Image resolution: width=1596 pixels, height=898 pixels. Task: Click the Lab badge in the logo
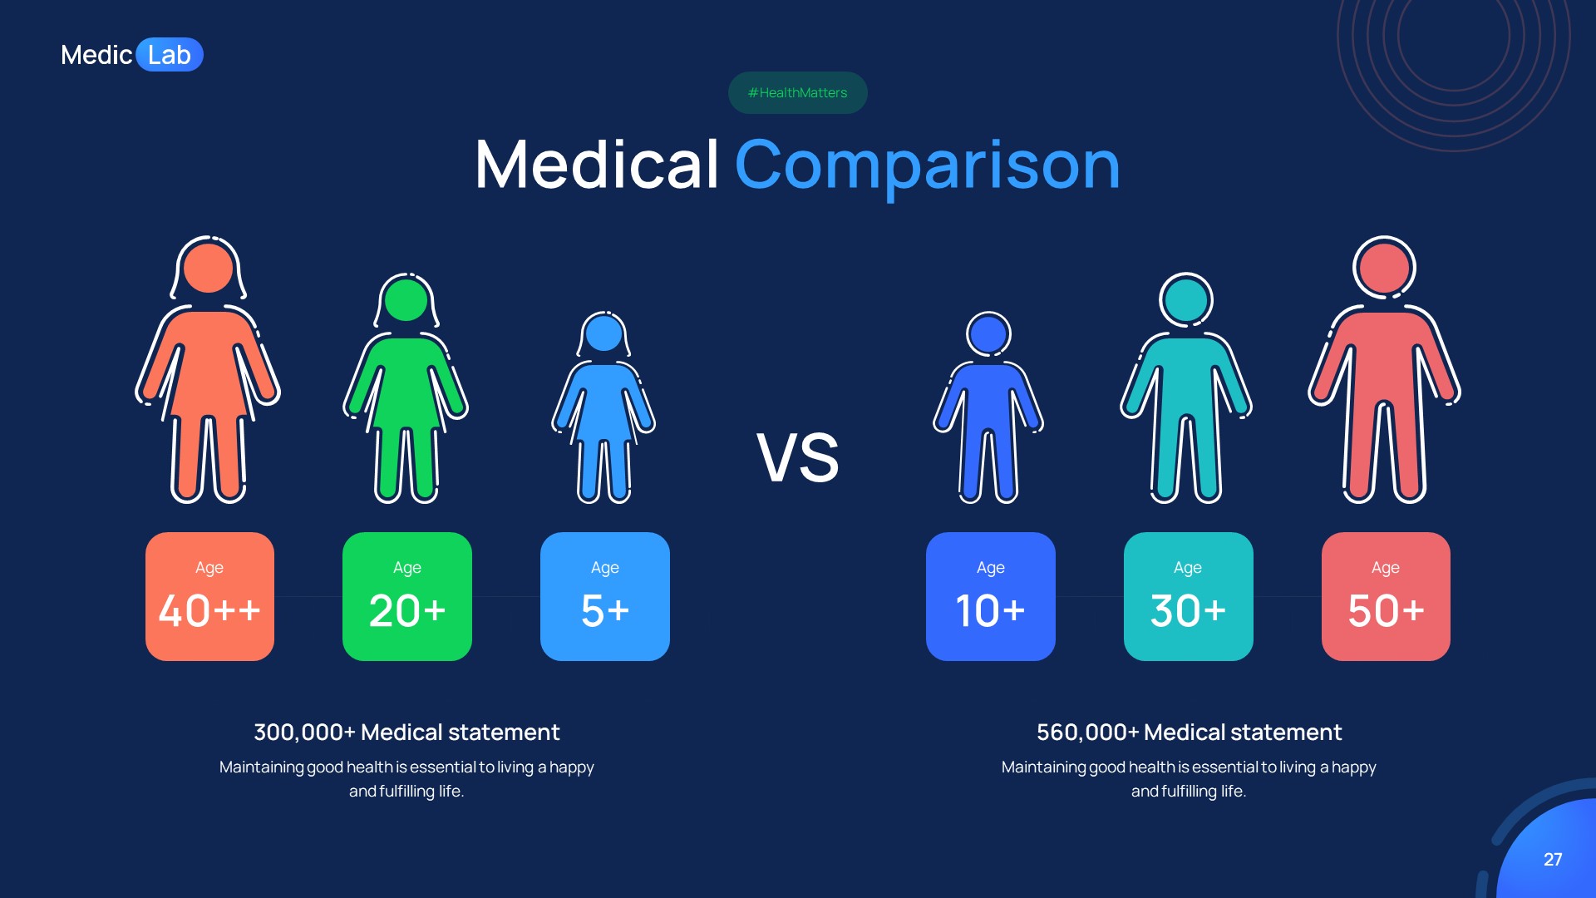[x=170, y=55]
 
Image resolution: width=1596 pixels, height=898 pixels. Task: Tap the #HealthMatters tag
[x=797, y=92]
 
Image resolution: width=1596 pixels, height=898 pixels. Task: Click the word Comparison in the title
[x=927, y=165]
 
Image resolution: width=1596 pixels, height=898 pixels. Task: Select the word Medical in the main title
[x=597, y=165]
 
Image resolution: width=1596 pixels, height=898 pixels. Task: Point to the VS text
[x=797, y=457]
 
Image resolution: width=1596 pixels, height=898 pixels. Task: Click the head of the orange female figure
[x=208, y=268]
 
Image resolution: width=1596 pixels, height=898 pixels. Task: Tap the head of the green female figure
[x=406, y=299]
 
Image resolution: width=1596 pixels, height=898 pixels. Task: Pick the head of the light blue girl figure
[x=604, y=333]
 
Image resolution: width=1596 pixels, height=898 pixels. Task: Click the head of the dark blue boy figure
[x=988, y=334]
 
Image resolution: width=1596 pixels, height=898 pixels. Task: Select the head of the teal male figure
[x=1186, y=299]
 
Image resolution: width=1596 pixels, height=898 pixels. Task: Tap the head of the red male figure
[x=1384, y=268]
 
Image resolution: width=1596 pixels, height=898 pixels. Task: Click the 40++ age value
[x=209, y=611]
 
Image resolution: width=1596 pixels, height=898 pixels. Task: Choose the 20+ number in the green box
[x=407, y=611]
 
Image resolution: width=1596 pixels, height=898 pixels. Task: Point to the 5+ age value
[x=605, y=611]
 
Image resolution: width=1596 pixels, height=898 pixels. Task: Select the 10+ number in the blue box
[x=990, y=611]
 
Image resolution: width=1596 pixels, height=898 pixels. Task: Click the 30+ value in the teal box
[x=1188, y=611]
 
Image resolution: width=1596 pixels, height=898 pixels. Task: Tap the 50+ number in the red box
[x=1386, y=611]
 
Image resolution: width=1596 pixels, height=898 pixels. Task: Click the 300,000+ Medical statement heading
[x=406, y=732]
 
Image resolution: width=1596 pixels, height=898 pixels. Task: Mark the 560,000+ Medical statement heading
[x=1189, y=732]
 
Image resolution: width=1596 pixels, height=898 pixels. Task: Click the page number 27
[x=1552, y=859]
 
